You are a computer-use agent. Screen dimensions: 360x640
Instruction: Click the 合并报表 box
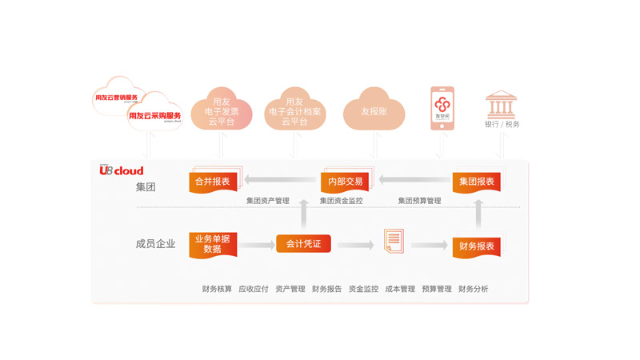212,182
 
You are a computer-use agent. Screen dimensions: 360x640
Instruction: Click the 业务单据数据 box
212,244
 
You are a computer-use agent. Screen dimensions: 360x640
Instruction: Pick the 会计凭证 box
303,243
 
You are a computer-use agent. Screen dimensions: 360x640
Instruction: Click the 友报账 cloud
374,112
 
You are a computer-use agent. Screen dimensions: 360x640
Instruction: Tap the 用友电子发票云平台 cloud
222,112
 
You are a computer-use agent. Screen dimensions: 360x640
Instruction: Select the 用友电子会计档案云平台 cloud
295,112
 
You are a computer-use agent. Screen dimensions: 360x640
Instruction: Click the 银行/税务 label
502,125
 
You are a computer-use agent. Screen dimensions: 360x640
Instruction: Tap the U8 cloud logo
122,170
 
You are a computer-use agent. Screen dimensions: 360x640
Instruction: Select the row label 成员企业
155,244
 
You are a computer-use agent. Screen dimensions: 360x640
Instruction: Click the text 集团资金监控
342,201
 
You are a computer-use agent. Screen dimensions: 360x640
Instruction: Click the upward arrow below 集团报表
478,214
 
